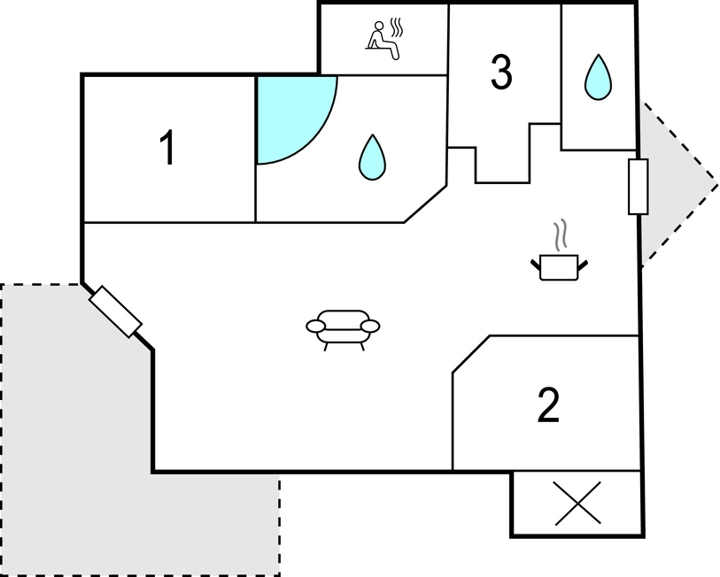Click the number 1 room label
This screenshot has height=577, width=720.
coord(167,147)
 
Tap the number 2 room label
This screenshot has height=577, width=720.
coord(548,404)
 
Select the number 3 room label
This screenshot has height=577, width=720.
coord(501,72)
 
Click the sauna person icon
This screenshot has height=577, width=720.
coord(383,40)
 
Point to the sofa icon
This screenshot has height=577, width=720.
coord(343,329)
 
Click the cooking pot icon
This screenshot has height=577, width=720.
coord(559,266)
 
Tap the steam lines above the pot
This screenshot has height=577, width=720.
coord(560,235)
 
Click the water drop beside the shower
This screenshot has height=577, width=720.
coord(372,157)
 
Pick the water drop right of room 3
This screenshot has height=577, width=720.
coord(598,77)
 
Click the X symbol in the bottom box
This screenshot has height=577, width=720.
coord(577,503)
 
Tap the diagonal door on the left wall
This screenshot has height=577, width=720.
coord(115,312)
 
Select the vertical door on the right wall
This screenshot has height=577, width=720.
coord(639,187)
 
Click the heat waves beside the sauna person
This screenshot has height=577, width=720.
coord(396,27)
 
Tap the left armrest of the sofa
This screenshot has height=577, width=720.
coord(316,326)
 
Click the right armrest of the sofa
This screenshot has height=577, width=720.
coord(370,326)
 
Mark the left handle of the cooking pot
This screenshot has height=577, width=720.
coord(536,265)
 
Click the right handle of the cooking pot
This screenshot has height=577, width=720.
coord(583,265)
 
